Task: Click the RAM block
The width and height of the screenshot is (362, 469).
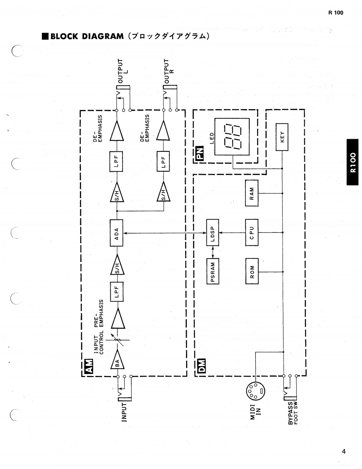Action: click(252, 193)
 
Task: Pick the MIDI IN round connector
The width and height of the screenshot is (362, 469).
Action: click(255, 391)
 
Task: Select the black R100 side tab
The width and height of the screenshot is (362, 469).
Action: click(354, 162)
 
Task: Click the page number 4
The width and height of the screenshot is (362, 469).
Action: click(343, 451)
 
